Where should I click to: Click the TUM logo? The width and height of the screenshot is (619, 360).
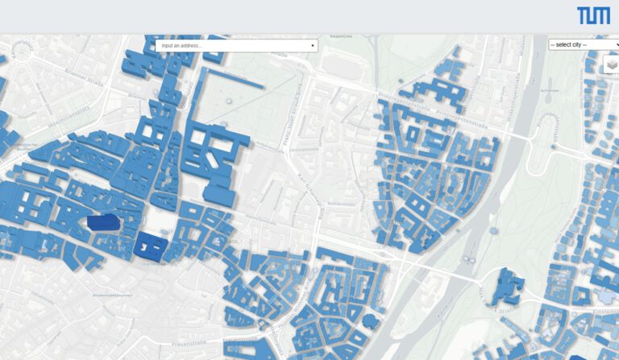tap(593, 15)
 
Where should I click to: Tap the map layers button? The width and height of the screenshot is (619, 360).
tap(612, 64)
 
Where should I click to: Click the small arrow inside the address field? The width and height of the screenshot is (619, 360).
tap(313, 46)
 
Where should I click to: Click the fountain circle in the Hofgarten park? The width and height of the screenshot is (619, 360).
tap(229, 101)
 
